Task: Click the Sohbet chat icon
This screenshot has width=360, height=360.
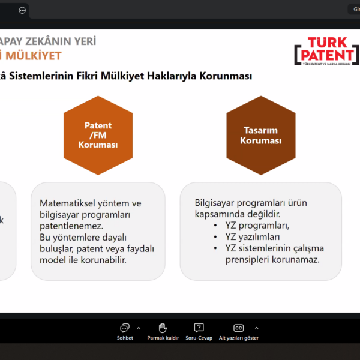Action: (x=125, y=328)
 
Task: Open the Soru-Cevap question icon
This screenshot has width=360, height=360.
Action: (x=199, y=328)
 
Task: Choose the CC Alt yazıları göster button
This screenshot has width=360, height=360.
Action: (x=238, y=328)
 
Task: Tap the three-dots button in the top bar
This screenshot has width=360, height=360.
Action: (x=22, y=10)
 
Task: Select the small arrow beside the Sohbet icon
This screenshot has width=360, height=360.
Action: (x=139, y=328)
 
